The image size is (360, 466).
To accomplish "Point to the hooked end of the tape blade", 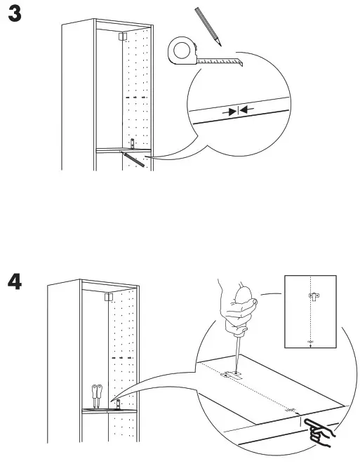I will pyautogui.click(x=240, y=63).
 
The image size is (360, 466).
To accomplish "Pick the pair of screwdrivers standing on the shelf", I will pyautogui.click(x=98, y=395).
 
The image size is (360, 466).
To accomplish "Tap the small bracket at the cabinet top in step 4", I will pyautogui.click(x=107, y=298).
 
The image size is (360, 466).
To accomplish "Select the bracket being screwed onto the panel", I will pyautogui.click(x=231, y=375).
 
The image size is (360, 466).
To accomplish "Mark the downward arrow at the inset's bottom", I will pyautogui.click(x=310, y=344).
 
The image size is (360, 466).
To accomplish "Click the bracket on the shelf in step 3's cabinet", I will pyautogui.click(x=131, y=144).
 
